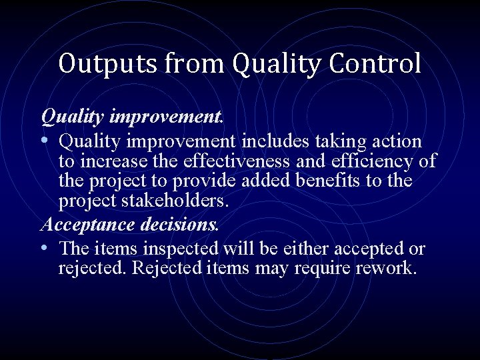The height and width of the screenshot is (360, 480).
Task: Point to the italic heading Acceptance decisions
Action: click(x=129, y=224)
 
